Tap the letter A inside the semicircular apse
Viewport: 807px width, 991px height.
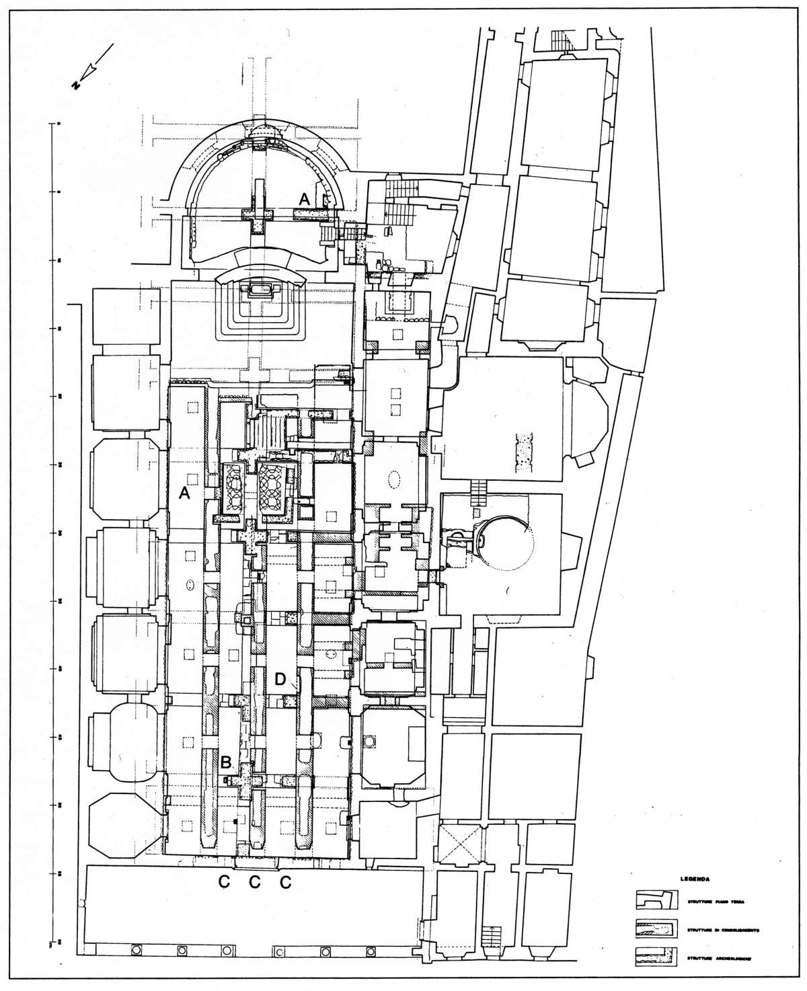point(304,198)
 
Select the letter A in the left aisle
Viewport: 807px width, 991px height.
point(183,493)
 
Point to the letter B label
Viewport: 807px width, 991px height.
point(227,762)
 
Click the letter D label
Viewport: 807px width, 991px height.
point(279,679)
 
